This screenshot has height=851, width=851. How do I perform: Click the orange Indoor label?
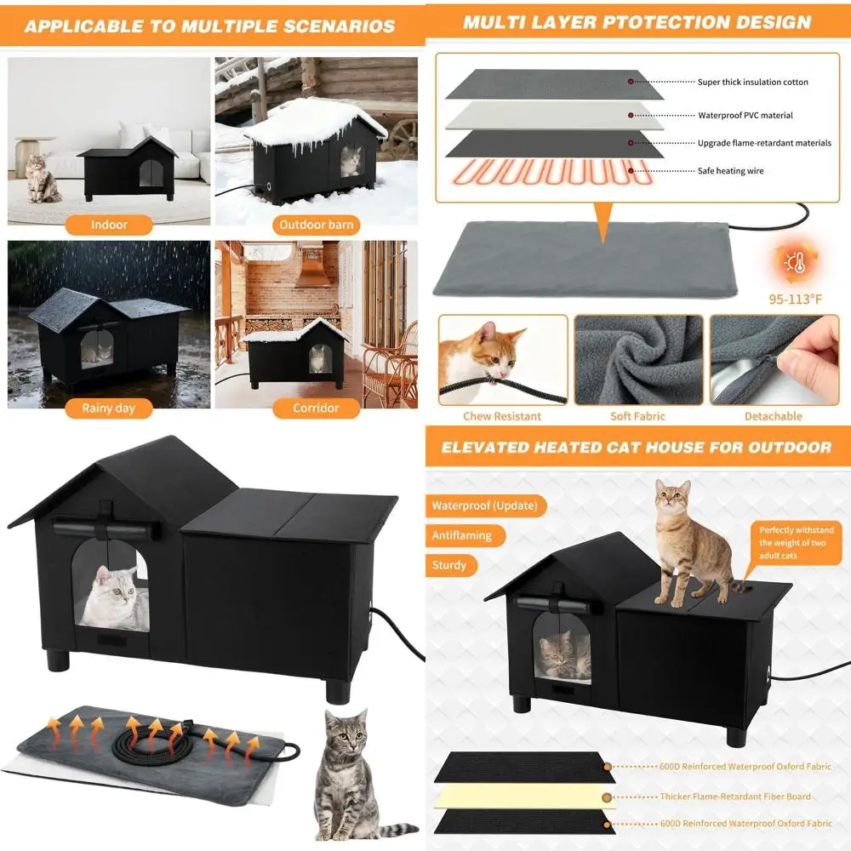(x=109, y=225)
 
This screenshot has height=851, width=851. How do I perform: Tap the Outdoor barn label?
(x=316, y=225)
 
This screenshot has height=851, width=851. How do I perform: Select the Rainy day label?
(x=108, y=408)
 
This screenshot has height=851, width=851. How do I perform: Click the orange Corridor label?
(x=316, y=408)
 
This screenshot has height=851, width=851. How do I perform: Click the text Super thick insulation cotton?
(x=752, y=83)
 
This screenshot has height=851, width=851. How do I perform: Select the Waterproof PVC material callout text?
(x=745, y=115)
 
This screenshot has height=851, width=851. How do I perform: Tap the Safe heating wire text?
(x=730, y=171)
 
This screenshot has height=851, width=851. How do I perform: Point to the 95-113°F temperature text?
(x=795, y=299)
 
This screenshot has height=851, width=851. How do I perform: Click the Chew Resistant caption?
(x=502, y=416)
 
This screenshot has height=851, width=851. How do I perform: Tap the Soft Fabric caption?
(x=637, y=416)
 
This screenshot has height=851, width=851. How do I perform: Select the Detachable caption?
(x=773, y=416)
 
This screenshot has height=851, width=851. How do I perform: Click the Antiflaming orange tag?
(x=462, y=535)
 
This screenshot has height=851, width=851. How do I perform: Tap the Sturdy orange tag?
(x=449, y=565)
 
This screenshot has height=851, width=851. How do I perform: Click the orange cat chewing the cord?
(x=485, y=353)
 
